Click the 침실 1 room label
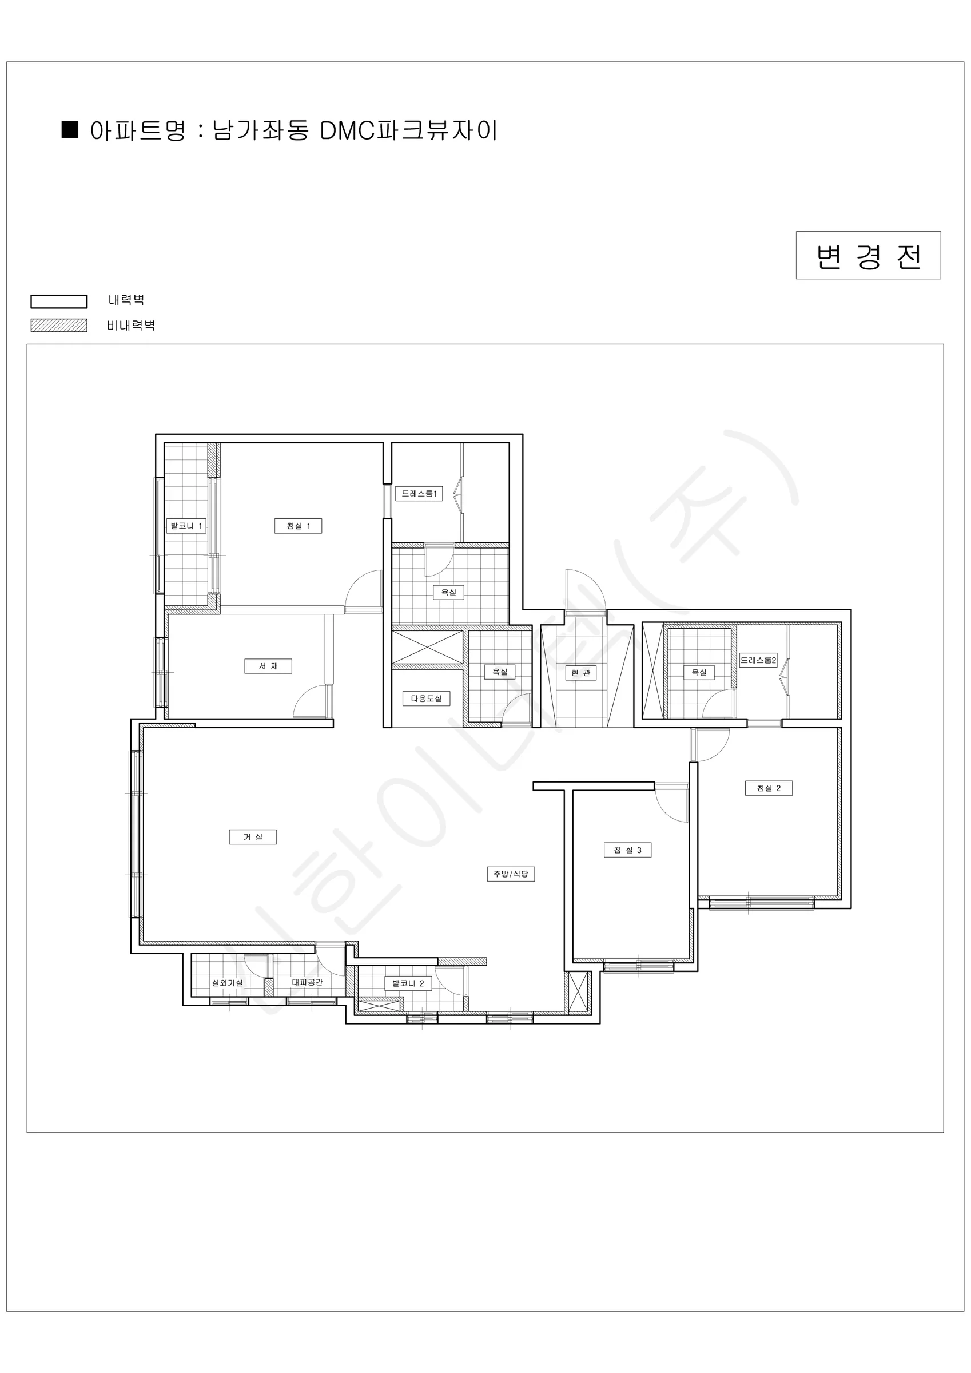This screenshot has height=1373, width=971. tap(299, 526)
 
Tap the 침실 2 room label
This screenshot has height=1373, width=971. tap(769, 788)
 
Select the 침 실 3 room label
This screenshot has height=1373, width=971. tap(627, 850)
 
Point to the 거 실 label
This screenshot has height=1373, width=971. tap(253, 836)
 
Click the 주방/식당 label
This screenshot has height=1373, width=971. tap(511, 874)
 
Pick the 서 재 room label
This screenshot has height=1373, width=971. tap(268, 666)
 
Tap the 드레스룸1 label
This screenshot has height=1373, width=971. tap(419, 493)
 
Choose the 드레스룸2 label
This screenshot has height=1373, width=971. tap(758, 660)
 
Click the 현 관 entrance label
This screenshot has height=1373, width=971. tap(580, 673)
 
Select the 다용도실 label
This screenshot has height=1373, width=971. tap(426, 699)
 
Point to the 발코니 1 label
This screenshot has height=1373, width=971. tap(186, 526)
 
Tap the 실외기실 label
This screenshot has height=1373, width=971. tap(227, 982)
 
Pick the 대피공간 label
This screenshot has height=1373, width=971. tap(307, 982)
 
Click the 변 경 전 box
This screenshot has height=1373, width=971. tap(868, 255)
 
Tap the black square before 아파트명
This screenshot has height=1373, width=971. tap(70, 130)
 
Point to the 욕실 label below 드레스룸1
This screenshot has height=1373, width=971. tap(448, 592)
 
